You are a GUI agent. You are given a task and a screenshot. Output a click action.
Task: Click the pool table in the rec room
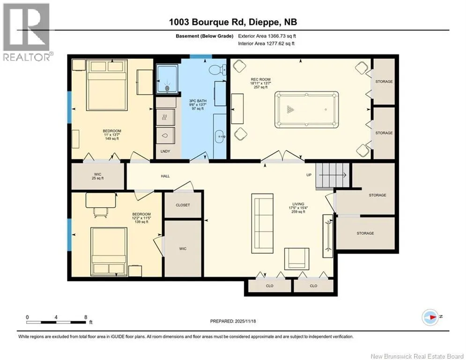coord(306,110)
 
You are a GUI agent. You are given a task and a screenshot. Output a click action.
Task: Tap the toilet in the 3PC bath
coord(218,70)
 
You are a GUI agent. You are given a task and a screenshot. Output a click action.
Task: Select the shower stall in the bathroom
coord(167,79)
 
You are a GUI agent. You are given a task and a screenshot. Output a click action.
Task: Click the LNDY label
coord(165,151)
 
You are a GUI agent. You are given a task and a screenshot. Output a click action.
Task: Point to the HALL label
coord(165,176)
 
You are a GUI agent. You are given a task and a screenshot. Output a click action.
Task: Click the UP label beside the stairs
coord(309,175)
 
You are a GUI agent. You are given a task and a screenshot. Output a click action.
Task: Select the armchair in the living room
coord(296,259)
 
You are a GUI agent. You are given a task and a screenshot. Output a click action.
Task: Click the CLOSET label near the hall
coord(183,205)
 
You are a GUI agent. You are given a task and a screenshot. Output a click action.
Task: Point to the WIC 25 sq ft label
coord(98,176)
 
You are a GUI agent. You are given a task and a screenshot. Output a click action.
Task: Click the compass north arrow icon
coord(430,317)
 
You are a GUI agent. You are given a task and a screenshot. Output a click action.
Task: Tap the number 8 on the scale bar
coord(86,317)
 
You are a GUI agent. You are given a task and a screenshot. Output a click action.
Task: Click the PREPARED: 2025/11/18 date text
coord(233,321)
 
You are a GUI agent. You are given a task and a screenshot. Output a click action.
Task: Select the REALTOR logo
coord(27,32)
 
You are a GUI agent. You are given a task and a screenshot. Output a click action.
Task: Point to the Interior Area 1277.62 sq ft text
coord(266,44)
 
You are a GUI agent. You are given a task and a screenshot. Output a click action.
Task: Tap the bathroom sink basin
coord(221,136)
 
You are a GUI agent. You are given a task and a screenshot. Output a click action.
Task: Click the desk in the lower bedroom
coord(101,200)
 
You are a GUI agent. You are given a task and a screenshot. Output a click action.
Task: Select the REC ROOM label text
coord(261,79)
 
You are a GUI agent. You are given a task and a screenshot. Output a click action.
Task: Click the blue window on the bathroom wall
coord(201,57)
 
